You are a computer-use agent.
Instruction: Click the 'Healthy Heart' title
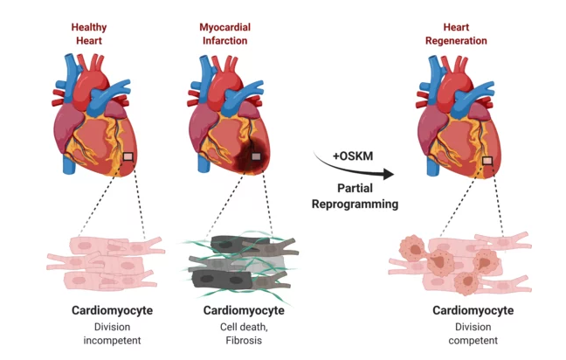pos(89,34)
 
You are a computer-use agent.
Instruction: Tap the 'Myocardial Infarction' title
pos(224,34)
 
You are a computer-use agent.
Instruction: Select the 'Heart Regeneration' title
pos(456,34)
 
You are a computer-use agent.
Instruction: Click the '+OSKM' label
pos(353,156)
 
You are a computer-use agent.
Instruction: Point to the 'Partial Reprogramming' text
pos(355,196)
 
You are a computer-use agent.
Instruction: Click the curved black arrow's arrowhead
pos(389,174)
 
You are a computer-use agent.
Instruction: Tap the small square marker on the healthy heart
pos(128,156)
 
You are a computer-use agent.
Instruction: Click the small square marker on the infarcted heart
pos(256,156)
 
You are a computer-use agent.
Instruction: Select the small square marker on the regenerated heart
pos(487,160)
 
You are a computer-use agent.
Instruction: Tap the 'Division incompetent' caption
pos(112,334)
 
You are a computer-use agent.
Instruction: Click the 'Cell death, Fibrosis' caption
pos(244,334)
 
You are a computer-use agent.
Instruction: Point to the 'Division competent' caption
pos(473,334)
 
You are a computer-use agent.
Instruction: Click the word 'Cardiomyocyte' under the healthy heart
pos(112,310)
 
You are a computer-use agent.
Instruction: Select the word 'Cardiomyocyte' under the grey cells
pos(244,310)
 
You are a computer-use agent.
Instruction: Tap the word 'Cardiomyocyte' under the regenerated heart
pos(473,310)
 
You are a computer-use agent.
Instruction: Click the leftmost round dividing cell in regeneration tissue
pos(412,248)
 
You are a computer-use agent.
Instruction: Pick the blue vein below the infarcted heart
pos(204,163)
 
